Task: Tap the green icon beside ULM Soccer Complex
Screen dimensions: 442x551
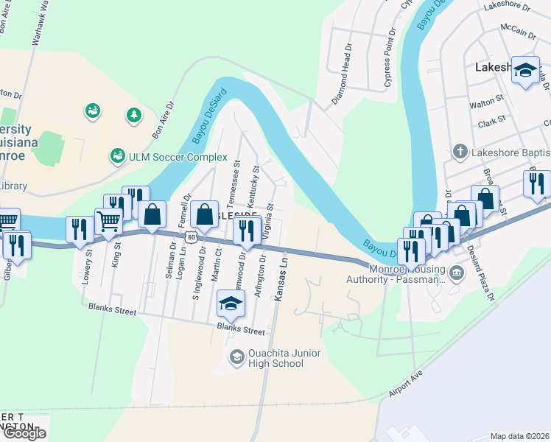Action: tap(117, 156)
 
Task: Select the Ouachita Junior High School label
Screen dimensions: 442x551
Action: tap(275, 358)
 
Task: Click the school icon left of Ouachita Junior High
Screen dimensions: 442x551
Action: tap(236, 357)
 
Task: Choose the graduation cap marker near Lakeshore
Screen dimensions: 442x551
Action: tap(525, 70)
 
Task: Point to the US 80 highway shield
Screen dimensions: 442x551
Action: tap(191, 236)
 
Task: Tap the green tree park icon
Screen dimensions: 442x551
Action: tap(133, 115)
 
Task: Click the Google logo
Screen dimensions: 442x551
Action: tap(24, 433)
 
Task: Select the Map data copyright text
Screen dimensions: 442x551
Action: tap(519, 435)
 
